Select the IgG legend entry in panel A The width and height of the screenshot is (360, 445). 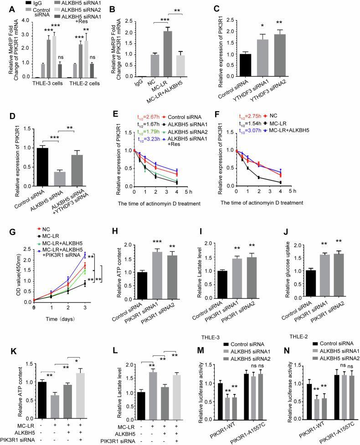pos(29,4)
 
